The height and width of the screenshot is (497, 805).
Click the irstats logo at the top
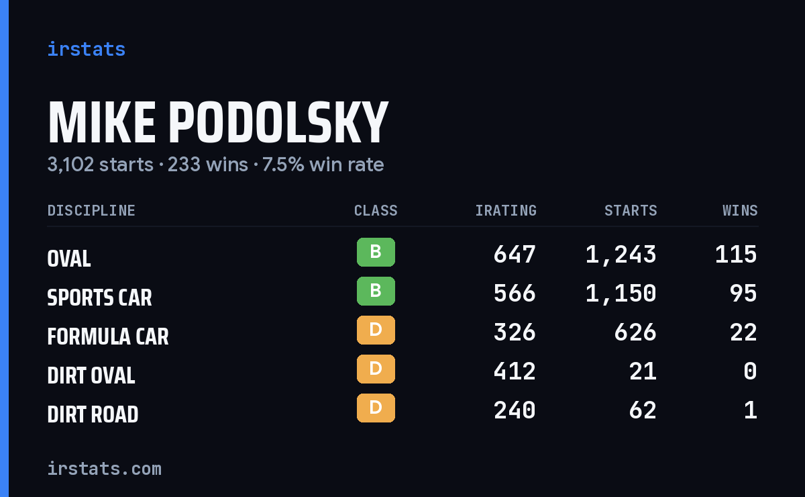87,49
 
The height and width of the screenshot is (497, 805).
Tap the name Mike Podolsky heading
218,122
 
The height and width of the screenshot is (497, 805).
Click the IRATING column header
506,210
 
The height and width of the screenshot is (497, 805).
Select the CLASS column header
376,210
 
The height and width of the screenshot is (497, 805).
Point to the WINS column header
741,210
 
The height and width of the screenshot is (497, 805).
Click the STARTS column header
631,210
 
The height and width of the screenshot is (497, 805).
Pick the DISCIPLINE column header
91,210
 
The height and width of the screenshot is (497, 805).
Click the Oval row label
69,259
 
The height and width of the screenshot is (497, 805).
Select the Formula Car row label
108,336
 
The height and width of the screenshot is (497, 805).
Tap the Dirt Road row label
93,414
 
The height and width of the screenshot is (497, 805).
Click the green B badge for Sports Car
376,291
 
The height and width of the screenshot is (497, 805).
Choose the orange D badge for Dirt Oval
376,369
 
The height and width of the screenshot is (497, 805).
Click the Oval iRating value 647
515,255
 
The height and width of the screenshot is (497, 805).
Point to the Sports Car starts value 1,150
621,293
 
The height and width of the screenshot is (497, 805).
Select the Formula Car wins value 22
743,332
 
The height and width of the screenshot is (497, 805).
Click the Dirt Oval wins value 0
751,371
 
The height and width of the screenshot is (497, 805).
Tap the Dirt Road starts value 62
643,410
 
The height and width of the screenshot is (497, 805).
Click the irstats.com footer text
105,469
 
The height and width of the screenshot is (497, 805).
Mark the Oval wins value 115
737,255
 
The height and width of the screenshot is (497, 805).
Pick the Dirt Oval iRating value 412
515,371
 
